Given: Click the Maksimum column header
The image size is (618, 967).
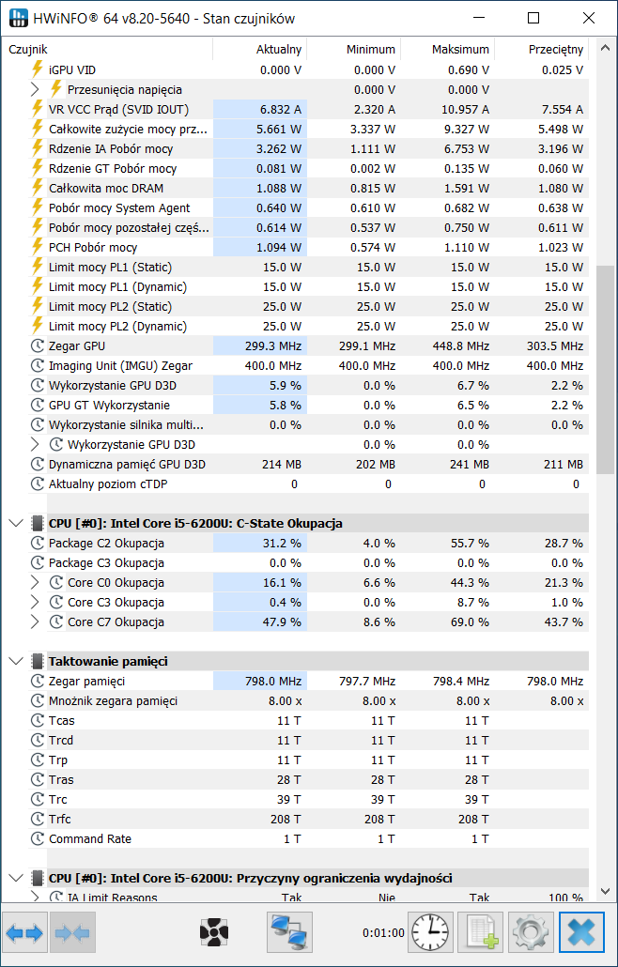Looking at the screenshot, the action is click(x=460, y=50).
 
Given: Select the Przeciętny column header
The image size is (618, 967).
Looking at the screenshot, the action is click(x=556, y=50).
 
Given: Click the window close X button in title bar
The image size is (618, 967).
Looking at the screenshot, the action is click(x=588, y=19).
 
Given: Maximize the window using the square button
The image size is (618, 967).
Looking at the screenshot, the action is click(x=533, y=19).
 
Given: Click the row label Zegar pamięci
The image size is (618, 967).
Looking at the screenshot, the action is click(x=86, y=682).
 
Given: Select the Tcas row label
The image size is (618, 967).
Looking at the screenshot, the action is click(x=62, y=720).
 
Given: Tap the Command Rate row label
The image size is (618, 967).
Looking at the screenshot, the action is click(x=90, y=838).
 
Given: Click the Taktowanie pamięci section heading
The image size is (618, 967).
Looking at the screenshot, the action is click(x=108, y=662).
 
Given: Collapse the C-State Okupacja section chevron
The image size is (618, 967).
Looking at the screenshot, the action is click(x=16, y=524).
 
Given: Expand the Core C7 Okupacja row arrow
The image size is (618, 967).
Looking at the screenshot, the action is click(x=35, y=622).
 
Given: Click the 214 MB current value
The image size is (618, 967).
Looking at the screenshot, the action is click(x=281, y=465).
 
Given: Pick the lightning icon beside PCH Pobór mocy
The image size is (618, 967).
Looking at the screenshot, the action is click(x=38, y=247).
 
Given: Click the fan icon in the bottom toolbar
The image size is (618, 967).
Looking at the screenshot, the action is click(x=214, y=932).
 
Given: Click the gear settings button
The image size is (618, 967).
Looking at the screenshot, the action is click(x=531, y=932).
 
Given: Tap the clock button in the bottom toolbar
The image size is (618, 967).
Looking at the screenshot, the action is click(x=430, y=932).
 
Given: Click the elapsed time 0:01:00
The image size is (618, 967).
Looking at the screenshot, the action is click(x=383, y=933).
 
